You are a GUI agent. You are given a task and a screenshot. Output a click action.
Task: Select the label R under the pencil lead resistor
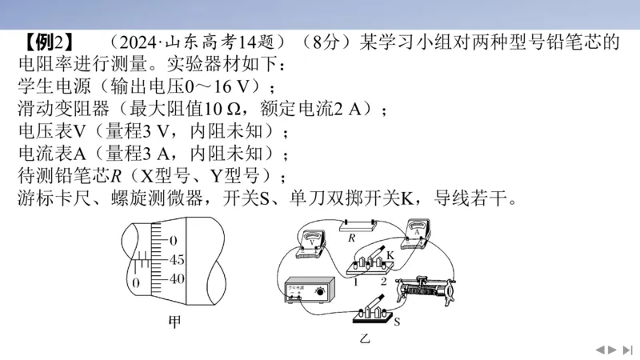pos(350,237)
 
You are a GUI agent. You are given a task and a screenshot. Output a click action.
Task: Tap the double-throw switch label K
pos(390,254)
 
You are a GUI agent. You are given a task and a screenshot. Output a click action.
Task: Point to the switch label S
pos(398,322)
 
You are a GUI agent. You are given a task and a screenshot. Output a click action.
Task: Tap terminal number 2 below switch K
pos(383,281)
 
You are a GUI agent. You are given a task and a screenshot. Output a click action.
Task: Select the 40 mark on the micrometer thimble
pos(177,279)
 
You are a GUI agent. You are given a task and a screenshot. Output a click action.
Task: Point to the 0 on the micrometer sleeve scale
pos(136,283)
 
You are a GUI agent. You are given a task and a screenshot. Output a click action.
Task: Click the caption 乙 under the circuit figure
pos(366,339)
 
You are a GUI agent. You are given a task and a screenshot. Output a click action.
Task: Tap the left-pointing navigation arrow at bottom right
pos(598,350)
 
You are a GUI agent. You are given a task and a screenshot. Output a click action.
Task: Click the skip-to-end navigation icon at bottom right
pos(627,350)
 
